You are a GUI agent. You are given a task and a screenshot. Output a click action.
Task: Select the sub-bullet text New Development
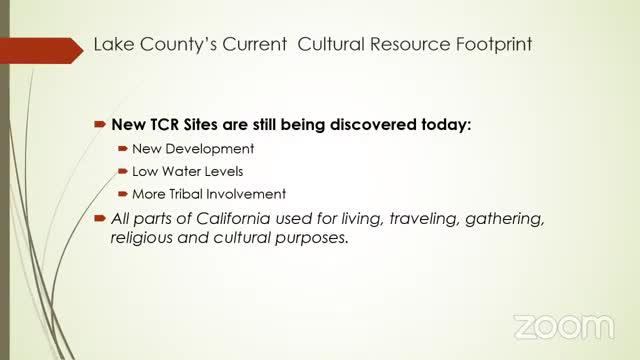[x=193, y=148]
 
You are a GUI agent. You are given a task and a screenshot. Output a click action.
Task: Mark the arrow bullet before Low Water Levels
[x=123, y=171]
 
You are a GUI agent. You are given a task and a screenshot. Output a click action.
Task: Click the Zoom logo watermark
[x=562, y=327]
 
